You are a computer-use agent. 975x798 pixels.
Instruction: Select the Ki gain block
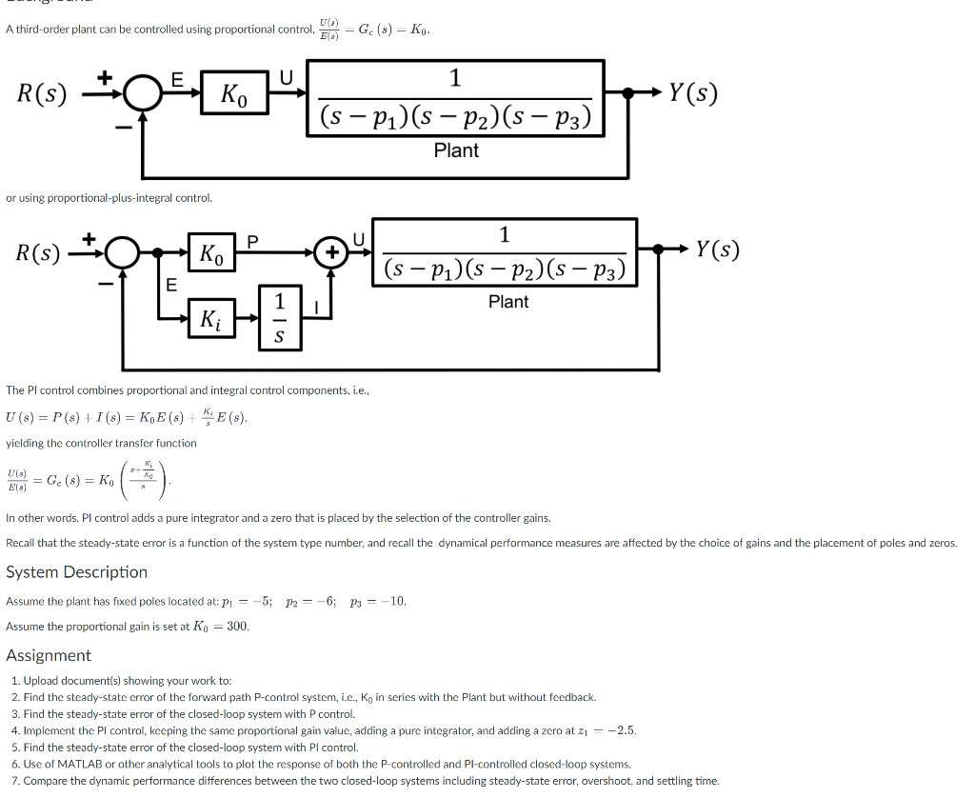tap(210, 319)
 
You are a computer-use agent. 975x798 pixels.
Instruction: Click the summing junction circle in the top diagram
tap(142, 93)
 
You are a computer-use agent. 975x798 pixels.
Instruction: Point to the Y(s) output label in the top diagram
tap(692, 93)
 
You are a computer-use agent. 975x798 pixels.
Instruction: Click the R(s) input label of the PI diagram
tap(39, 253)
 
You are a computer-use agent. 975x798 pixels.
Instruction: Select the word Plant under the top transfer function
tap(456, 150)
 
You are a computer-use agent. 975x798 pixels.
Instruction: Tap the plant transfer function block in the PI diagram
tap(504, 252)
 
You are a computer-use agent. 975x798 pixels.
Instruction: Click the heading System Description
tap(76, 572)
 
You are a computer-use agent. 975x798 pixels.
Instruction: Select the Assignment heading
tap(49, 655)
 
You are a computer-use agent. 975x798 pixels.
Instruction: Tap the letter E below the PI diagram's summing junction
tap(171, 284)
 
